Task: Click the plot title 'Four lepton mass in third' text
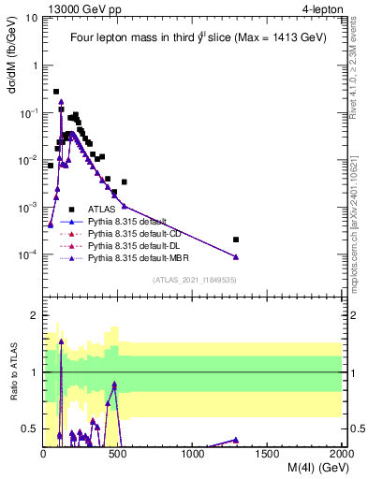tap(140, 38)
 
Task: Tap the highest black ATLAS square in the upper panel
tap(56, 92)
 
